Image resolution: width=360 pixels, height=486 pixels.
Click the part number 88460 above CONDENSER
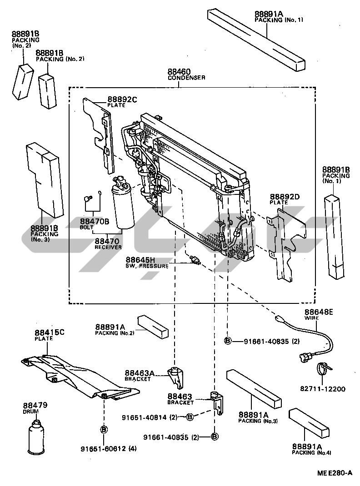coord(179,71)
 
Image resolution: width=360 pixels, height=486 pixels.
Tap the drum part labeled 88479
coord(36,436)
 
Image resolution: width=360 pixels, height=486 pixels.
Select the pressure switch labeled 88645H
coord(195,260)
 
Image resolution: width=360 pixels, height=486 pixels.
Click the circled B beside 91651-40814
coord(190,417)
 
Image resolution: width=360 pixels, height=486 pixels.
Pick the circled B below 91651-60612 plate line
coord(104,429)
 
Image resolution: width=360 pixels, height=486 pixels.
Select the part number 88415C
coord(50,332)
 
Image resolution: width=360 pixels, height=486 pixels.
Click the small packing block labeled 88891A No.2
coord(153,326)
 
